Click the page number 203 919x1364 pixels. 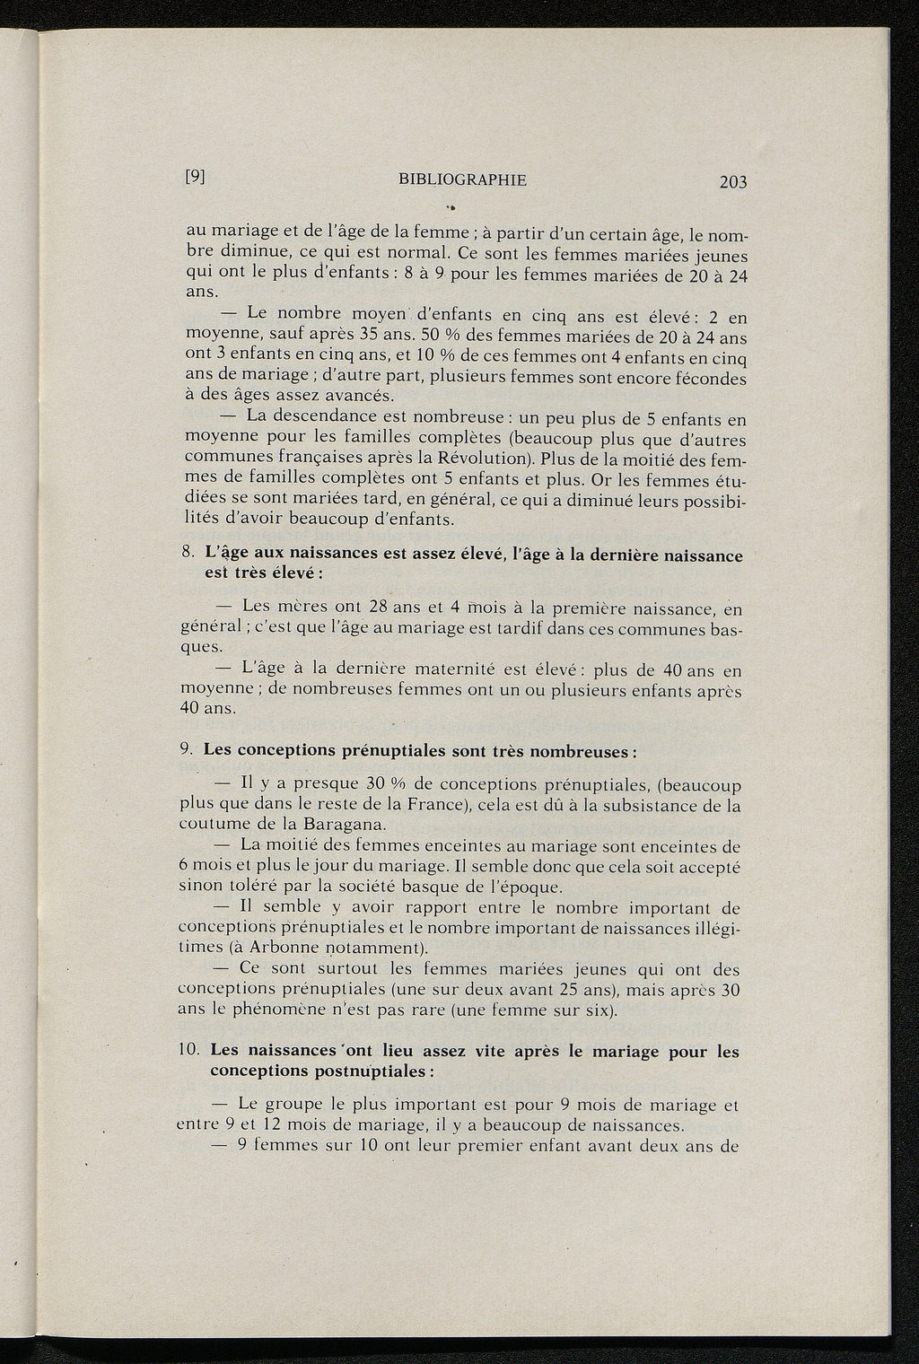click(732, 182)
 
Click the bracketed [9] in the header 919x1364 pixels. click(197, 177)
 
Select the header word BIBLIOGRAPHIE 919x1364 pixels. click(462, 179)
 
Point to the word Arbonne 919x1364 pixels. click(277, 948)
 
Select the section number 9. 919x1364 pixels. click(187, 749)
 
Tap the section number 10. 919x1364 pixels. click(190, 1050)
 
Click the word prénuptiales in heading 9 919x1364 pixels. click(390, 750)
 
